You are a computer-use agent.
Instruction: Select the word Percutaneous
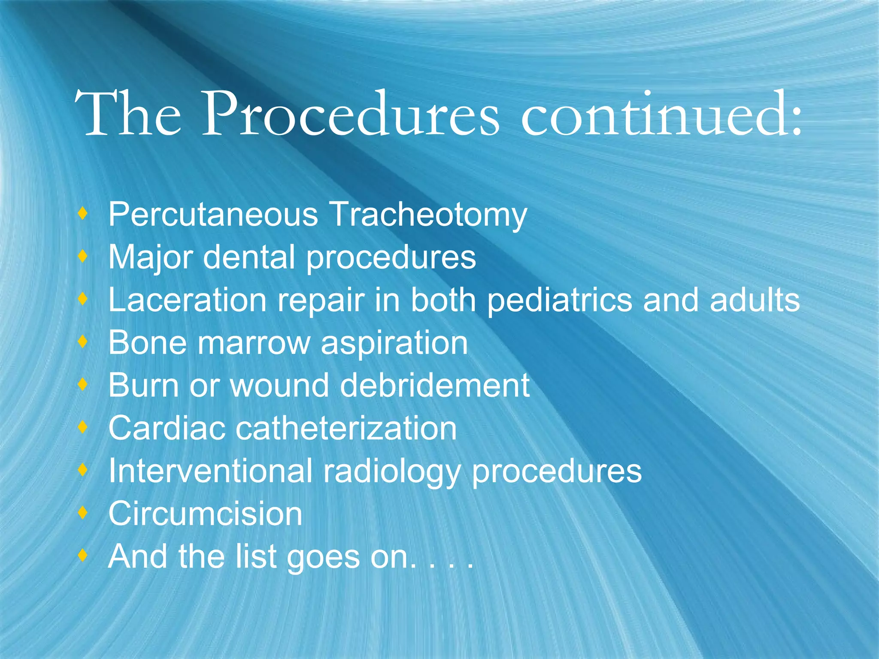tap(213, 214)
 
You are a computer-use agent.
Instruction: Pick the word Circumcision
tap(205, 514)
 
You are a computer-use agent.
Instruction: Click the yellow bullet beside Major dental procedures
tap(83, 256)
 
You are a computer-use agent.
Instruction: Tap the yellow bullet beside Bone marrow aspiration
tap(83, 342)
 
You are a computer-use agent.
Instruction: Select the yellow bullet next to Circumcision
tap(83, 512)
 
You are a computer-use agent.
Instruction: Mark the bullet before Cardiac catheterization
tap(83, 426)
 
